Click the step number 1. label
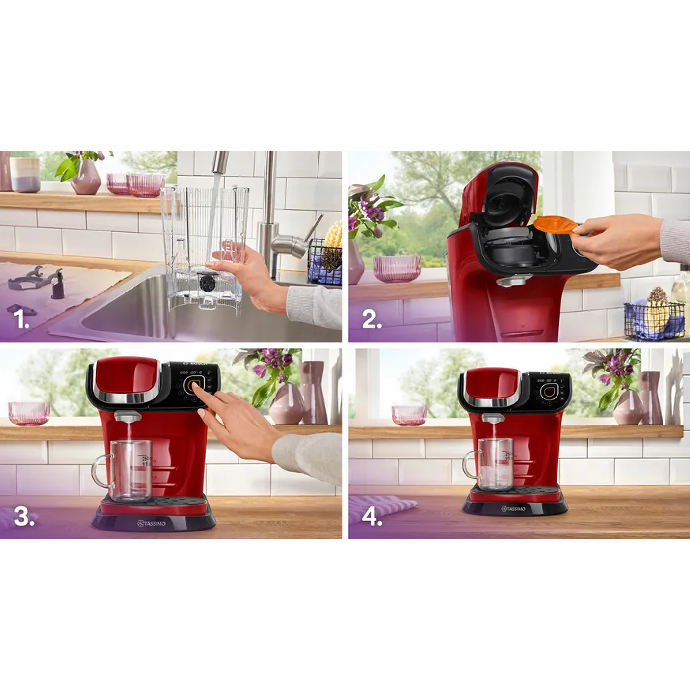[22, 319]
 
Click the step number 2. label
[372, 319]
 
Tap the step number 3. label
[24, 516]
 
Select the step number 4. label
[372, 516]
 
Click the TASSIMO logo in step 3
[152, 524]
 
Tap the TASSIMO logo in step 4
[513, 509]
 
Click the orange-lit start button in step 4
[548, 391]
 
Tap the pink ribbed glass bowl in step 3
[29, 413]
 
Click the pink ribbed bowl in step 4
[409, 415]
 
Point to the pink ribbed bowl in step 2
[397, 268]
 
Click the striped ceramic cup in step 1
[25, 175]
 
